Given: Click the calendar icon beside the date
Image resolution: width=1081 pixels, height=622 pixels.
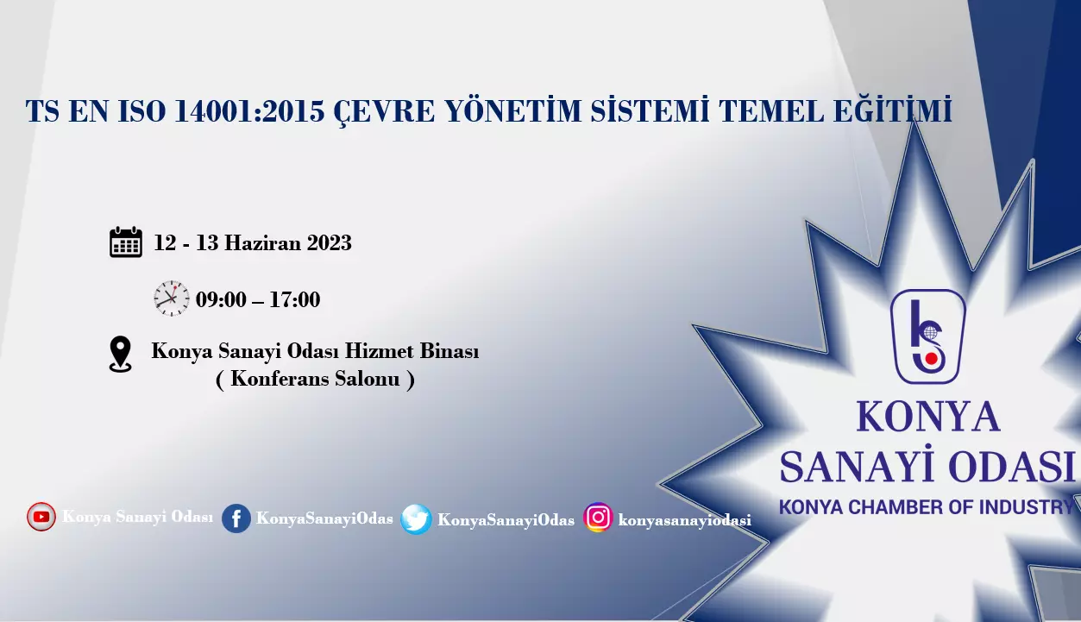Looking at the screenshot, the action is coord(126,242).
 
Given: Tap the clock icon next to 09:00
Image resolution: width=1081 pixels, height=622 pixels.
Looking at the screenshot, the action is coord(172,298).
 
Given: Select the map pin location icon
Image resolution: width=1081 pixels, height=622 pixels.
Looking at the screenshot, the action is coord(120,355).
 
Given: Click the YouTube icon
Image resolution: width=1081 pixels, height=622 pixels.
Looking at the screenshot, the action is coord(41,517).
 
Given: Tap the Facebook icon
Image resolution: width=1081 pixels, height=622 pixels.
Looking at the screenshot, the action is coord(236,518).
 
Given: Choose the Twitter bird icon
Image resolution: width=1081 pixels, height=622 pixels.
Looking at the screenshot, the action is coord(416,519).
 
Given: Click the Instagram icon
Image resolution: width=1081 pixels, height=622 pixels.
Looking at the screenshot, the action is coord(598,518).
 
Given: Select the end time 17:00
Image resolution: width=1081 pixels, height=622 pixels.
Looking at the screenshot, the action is coord(294,299).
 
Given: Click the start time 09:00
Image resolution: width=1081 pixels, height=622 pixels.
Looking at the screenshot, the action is coord(221,299).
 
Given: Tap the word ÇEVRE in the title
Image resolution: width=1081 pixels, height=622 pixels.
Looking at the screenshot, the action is coord(384,111).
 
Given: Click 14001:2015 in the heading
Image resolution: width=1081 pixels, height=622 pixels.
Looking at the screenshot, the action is coord(249,111).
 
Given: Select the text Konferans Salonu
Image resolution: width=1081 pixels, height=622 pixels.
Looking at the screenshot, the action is coord(315,379).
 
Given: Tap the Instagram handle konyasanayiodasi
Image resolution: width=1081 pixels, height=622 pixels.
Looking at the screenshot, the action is coord(684,519).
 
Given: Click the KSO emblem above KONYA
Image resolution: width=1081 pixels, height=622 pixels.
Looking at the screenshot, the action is coord(927,336).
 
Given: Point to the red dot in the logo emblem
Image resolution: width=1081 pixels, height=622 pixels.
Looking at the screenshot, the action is coord(932,359).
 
